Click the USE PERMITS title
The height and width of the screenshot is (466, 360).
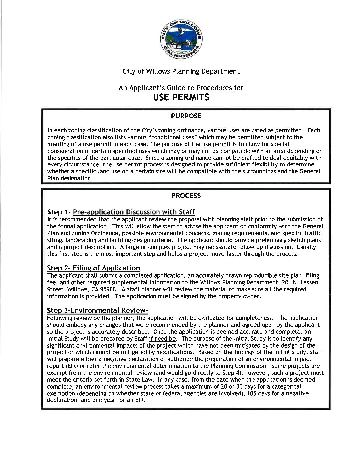[x=181, y=97]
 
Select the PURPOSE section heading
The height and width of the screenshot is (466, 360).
[x=186, y=116]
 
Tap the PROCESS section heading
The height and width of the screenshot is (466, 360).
[x=186, y=196]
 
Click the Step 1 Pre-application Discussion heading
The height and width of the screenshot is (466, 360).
[x=121, y=212]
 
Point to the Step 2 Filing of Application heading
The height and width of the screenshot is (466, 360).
[x=93, y=268]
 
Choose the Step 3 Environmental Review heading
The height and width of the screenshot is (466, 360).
[x=97, y=310]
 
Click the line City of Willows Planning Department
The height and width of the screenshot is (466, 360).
[x=181, y=71]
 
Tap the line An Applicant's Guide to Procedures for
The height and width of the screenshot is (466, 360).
[x=181, y=88]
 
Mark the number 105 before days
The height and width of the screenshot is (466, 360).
[x=252, y=394]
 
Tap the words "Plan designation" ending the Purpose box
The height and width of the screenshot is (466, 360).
[x=69, y=178]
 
